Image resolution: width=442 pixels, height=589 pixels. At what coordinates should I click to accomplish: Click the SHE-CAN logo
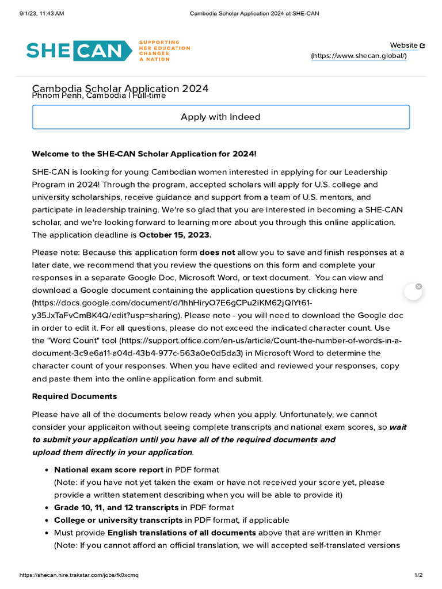(75, 51)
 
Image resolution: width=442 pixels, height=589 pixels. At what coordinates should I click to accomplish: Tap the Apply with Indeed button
(220, 117)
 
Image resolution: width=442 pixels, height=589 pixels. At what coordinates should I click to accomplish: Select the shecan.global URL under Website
(359, 56)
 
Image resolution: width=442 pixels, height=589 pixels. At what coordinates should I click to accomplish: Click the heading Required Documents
(74, 396)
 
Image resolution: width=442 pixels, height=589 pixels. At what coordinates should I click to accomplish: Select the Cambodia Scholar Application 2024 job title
(120, 88)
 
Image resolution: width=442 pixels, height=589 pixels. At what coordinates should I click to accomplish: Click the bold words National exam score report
(109, 470)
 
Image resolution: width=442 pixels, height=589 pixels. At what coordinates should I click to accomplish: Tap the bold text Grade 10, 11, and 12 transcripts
(116, 507)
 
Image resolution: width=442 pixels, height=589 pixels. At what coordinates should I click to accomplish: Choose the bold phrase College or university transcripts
(118, 520)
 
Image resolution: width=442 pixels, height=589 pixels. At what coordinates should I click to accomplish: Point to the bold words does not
(217, 253)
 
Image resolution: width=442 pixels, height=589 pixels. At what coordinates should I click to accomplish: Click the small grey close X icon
(418, 286)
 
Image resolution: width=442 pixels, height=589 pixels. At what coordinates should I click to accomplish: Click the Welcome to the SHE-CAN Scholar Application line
(144, 154)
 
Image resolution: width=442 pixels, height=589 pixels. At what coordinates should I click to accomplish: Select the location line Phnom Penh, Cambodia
(98, 96)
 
